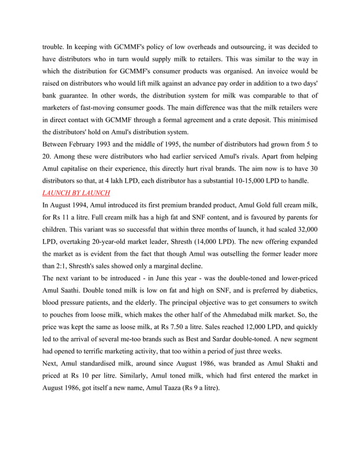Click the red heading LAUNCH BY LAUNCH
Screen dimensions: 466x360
pyautogui.click(x=76, y=193)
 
